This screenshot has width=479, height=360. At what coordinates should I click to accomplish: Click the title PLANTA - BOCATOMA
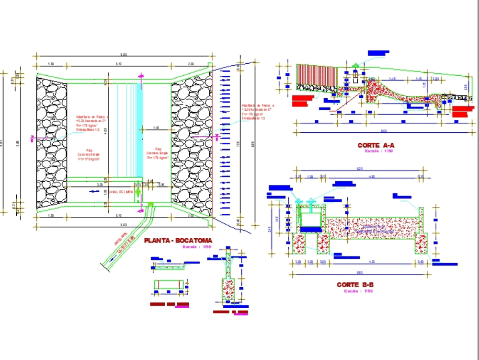[178, 241]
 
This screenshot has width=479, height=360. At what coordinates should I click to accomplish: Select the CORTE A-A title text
[376, 145]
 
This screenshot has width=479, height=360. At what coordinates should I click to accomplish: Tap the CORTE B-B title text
[355, 285]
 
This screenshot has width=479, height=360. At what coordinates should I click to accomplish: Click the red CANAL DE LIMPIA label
[120, 192]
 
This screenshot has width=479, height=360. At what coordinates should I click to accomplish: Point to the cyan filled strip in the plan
[139, 130]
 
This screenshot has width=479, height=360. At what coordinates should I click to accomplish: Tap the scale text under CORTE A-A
[376, 151]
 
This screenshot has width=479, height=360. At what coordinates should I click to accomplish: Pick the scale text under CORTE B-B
[355, 291]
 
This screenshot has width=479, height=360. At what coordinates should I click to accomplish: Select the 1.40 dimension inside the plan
[156, 128]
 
